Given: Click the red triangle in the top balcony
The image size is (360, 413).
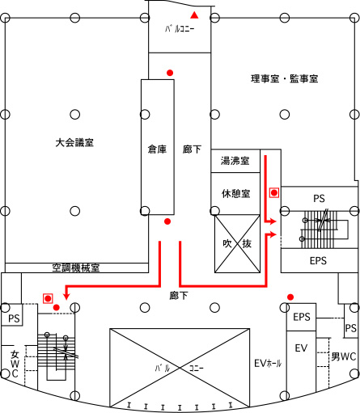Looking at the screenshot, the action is (194, 15).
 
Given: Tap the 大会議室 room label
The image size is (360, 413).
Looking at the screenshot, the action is (74, 142).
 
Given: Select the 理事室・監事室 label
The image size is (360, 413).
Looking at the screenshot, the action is (285, 78).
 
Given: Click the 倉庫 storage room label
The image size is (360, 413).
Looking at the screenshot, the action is (157, 149).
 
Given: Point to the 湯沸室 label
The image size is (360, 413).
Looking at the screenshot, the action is (235, 161).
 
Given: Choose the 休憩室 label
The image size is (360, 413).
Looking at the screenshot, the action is (236, 193).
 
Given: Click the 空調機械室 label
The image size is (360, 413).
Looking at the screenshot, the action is (76, 268).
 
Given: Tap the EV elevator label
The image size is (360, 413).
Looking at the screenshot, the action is (301, 348).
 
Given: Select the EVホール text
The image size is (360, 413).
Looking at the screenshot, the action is (268, 364).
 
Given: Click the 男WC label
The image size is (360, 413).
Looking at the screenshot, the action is (344, 356).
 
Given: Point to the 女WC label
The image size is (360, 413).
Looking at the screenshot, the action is (15, 364).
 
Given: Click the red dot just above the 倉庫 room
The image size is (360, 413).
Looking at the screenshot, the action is (170, 73).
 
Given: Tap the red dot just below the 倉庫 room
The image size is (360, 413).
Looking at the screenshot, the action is (167, 221).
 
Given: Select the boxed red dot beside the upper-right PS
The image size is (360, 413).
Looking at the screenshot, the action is (274, 192).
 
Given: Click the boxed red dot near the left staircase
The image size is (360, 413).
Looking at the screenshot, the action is (48, 298).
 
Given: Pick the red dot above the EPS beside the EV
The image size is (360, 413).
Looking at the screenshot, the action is (290, 297).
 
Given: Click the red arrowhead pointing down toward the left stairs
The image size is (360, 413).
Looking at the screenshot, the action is (66, 296).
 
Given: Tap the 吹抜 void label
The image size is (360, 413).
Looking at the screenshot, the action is (237, 243).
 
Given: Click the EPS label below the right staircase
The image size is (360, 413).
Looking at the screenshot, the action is (318, 260).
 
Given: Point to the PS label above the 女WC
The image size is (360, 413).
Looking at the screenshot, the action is (14, 318).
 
